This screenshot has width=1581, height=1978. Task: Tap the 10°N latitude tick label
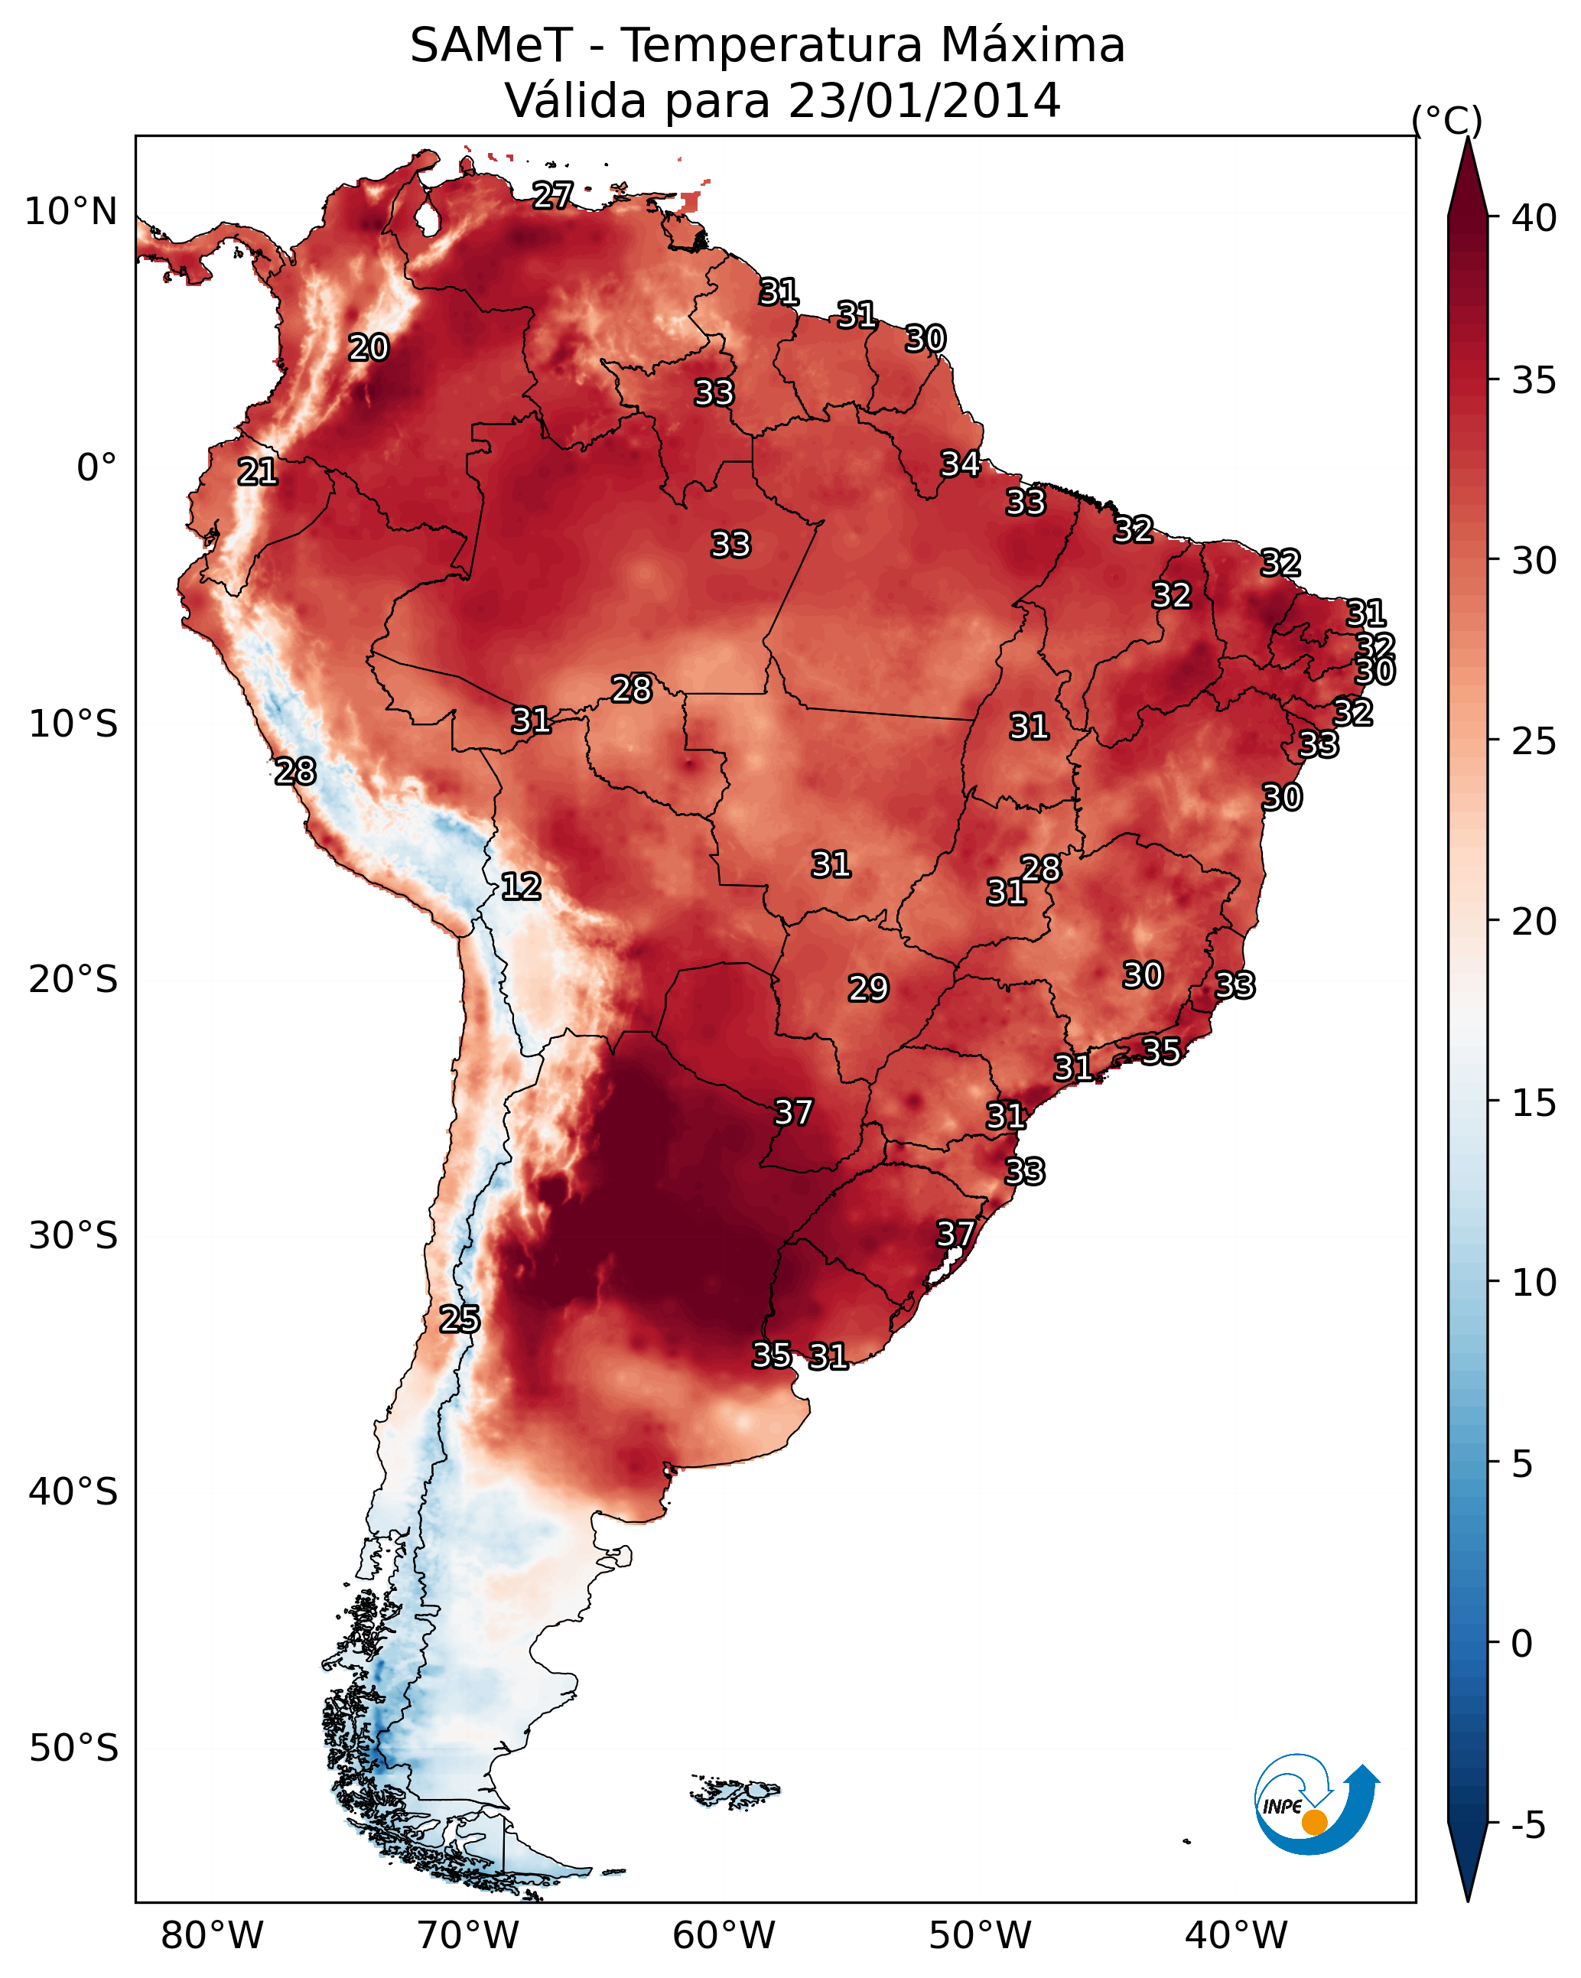(x=70, y=212)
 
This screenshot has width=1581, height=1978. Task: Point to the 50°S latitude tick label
(x=73, y=1749)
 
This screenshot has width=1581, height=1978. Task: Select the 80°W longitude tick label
(x=212, y=1935)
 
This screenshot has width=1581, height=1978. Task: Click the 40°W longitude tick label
(x=1236, y=1935)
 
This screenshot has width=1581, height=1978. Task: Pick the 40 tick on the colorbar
(x=1534, y=218)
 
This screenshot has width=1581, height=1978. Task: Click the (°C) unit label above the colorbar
(x=1447, y=120)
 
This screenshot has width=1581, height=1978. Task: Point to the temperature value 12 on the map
(x=521, y=887)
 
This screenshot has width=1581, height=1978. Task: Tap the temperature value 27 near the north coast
(x=553, y=194)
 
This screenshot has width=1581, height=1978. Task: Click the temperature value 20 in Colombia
(x=369, y=348)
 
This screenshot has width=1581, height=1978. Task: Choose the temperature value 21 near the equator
(x=258, y=473)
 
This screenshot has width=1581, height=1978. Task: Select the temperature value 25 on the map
(x=460, y=1319)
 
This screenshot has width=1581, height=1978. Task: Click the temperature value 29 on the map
(x=868, y=988)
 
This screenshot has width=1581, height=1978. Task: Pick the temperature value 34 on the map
(x=961, y=464)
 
